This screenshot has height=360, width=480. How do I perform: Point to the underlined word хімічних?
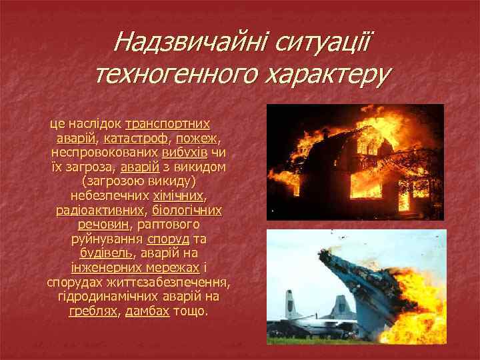tap(179, 197)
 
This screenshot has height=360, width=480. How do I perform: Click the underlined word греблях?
tap(92, 311)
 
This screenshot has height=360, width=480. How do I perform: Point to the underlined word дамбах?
tap(147, 311)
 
